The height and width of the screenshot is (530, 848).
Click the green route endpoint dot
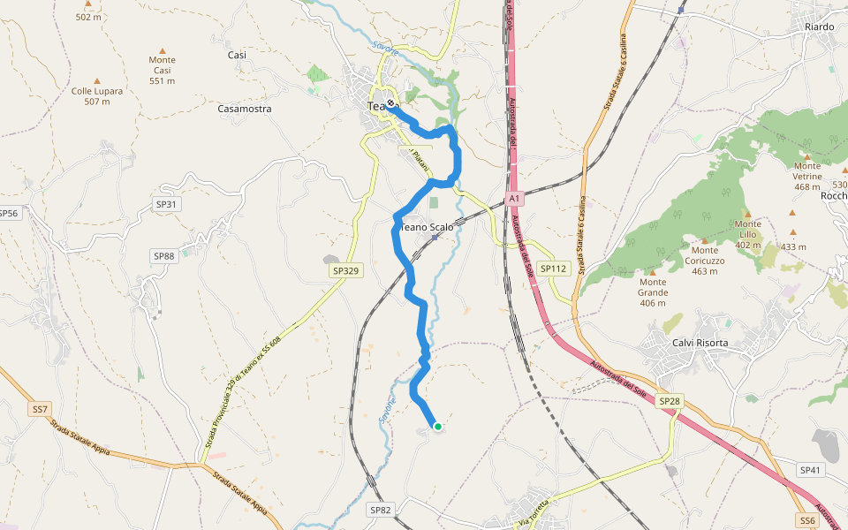437,427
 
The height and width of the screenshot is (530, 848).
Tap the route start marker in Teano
390,102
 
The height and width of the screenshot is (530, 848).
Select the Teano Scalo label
427,227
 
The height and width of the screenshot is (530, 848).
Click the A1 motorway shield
516,200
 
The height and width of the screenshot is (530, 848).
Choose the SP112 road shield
553,269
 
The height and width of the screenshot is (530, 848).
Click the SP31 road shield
166,205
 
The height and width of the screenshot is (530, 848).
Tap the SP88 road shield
164,256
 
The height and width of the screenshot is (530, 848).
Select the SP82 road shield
380,510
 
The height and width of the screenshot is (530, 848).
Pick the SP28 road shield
670,401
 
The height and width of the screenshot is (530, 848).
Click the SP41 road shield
810,470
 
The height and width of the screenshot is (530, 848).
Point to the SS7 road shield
40,409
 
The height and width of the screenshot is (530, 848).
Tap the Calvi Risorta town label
700,343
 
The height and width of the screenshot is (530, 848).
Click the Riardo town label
819,26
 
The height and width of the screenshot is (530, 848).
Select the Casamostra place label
244,109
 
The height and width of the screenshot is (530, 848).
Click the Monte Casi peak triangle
162,50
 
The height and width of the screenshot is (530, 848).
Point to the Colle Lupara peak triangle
97,80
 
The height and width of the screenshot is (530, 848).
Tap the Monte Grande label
653,292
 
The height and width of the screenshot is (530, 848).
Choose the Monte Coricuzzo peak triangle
704,239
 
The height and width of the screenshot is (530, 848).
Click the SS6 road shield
807,520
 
